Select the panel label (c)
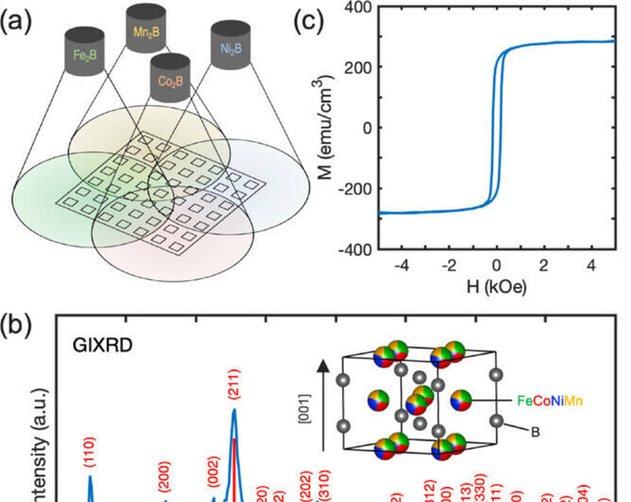pyautogui.click(x=310, y=20)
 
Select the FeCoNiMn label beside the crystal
pyautogui.click(x=551, y=402)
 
